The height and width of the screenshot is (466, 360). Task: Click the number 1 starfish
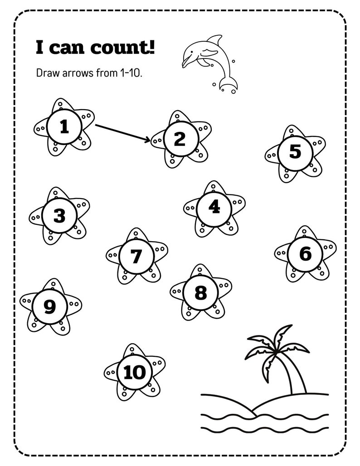[64, 127]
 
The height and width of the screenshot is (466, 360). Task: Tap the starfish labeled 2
[180, 139]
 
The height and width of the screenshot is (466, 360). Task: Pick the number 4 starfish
[214, 208]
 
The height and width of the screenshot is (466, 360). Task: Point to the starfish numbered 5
[295, 152]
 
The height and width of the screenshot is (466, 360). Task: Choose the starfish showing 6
[306, 254]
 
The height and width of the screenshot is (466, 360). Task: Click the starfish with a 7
[136, 257]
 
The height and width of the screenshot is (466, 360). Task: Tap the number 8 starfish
[200, 293]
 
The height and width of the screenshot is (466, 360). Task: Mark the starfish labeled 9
[50, 307]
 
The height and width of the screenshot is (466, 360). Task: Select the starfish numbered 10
[134, 372]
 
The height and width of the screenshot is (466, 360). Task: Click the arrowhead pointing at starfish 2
[147, 141]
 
